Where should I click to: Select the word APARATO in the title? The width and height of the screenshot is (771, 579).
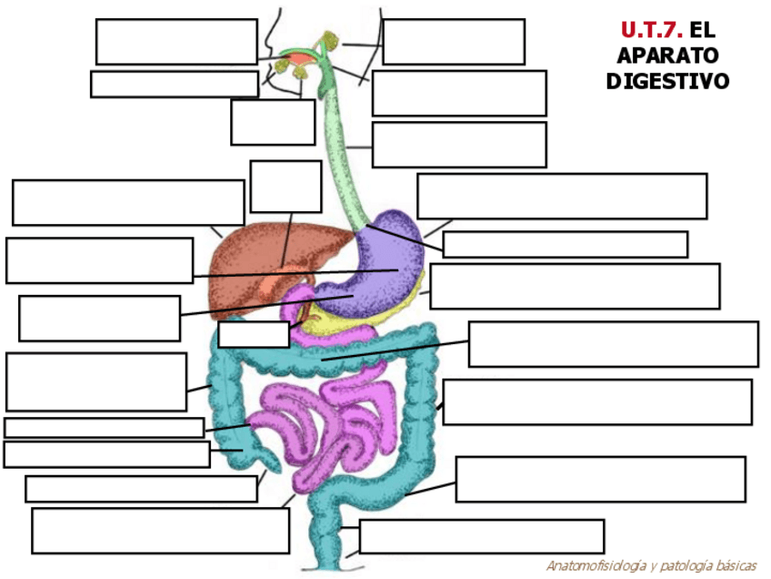(667, 56)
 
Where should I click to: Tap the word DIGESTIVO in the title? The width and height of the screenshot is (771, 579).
(667, 81)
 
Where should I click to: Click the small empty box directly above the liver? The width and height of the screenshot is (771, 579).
(285, 187)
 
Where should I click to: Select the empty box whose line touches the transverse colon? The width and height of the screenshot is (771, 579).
(613, 344)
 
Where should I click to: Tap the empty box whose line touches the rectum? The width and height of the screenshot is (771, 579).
(481, 536)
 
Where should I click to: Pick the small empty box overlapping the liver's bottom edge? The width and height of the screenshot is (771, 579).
(254, 334)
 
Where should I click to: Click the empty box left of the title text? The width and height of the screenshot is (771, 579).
(453, 42)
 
